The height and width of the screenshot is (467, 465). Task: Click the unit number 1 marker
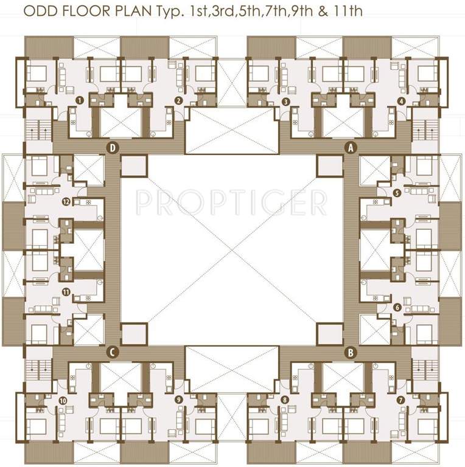(79, 100)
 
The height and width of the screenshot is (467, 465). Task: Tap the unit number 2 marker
(178, 100)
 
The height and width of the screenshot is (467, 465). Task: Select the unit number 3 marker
(286, 101)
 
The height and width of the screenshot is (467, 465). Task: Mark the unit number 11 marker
(66, 292)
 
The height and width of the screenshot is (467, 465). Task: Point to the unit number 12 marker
(66, 201)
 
